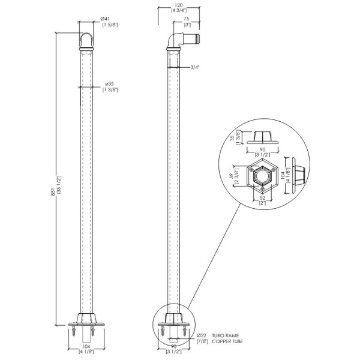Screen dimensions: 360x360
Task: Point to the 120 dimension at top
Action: (x=179, y=5)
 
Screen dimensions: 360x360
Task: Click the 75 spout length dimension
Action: (x=187, y=19)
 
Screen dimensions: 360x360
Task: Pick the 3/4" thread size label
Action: (x=195, y=67)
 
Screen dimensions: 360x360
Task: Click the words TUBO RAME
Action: (x=225, y=335)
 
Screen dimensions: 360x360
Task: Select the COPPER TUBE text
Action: (x=227, y=341)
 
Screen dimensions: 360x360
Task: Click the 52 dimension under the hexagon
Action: (x=262, y=197)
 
